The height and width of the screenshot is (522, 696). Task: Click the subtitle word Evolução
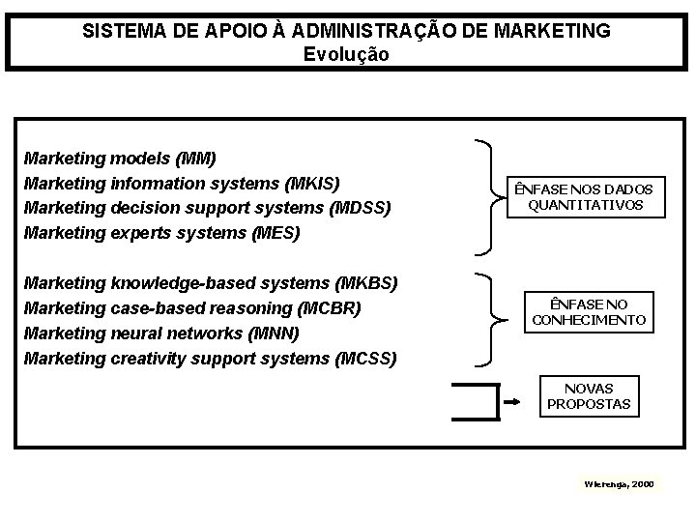click(x=346, y=54)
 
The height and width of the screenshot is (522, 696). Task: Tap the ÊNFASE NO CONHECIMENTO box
click(x=589, y=311)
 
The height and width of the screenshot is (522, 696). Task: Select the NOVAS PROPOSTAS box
click(x=588, y=395)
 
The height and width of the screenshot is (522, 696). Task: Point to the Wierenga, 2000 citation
click(x=619, y=482)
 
